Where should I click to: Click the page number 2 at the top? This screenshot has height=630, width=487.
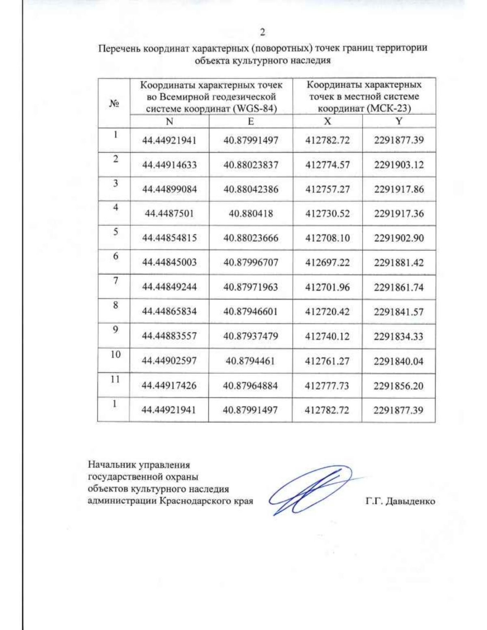coord(263,32)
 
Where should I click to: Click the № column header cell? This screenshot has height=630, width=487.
coord(114,103)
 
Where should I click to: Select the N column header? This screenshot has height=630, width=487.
coord(169,121)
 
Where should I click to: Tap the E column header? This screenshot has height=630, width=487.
coord(251,121)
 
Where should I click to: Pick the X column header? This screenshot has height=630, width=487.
coord(327,121)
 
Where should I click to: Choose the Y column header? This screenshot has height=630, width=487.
coord(399,121)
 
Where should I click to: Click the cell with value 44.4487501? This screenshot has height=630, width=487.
coord(169,214)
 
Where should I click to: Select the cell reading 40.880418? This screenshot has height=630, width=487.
coord(251,214)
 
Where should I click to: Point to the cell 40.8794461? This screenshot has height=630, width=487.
coord(250,361)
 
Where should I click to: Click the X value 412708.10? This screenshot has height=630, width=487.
coord(327,238)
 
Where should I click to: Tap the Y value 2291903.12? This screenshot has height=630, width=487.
coord(399,165)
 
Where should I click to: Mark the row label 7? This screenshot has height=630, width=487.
coord(116,280)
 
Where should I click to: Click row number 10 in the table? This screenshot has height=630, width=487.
coord(116,354)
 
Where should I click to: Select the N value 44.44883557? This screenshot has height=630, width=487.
coord(169,336)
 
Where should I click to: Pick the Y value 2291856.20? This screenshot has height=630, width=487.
coord(399,385)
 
